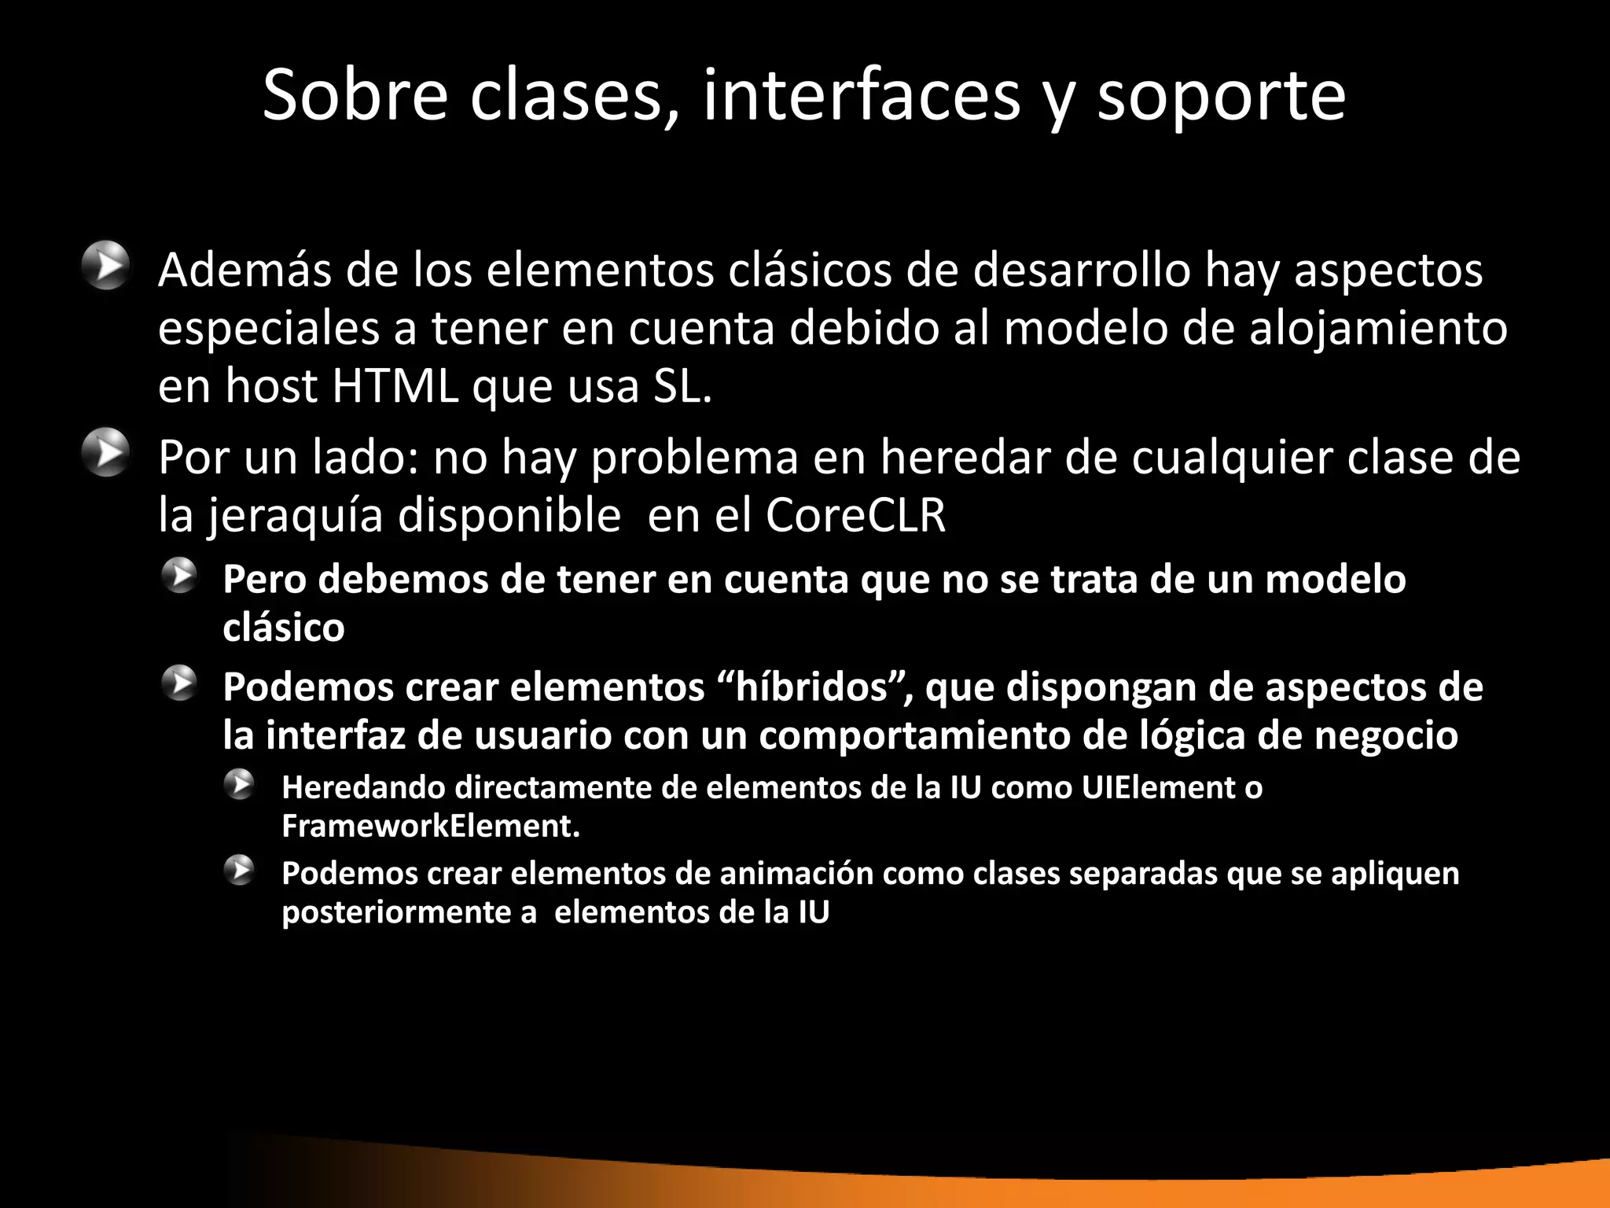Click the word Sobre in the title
[355, 95]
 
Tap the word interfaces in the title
[861, 95]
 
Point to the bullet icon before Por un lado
[105, 453]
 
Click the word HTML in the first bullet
[395, 386]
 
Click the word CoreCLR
[855, 516]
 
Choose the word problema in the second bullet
[694, 458]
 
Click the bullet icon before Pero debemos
[180, 576]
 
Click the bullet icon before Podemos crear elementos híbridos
[180, 684]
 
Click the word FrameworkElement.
[431, 826]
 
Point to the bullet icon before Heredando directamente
[238, 785]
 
